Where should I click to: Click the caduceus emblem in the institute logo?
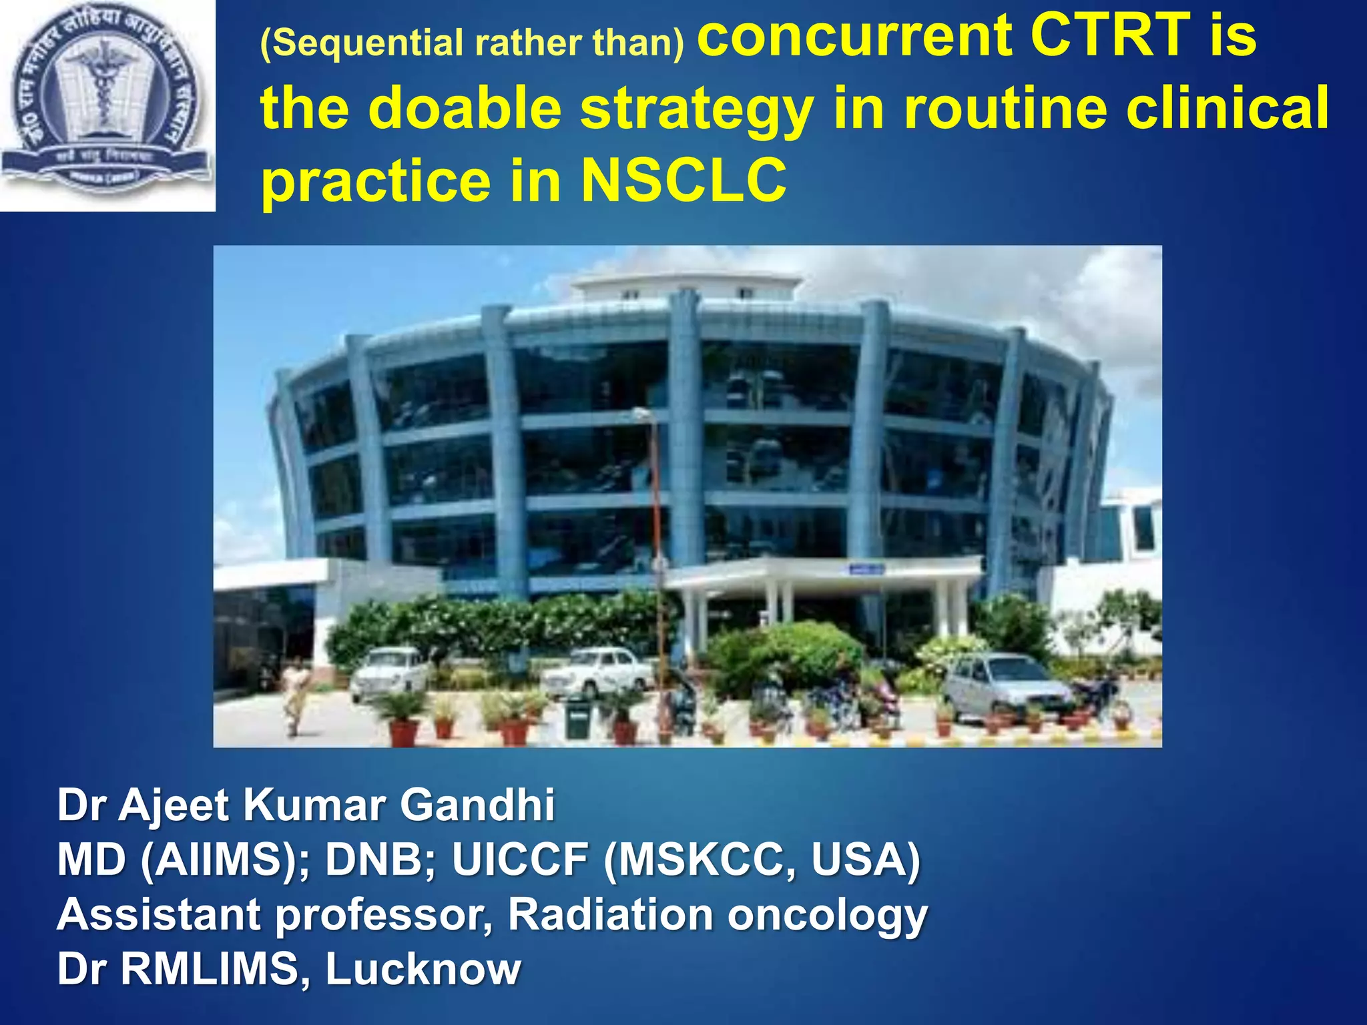[103, 83]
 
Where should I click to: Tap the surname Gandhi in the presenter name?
[477, 805]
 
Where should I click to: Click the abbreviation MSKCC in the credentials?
[706, 860]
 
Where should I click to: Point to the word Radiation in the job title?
[610, 914]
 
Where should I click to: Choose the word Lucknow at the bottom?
[423, 969]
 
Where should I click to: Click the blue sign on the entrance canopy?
[866, 569]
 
